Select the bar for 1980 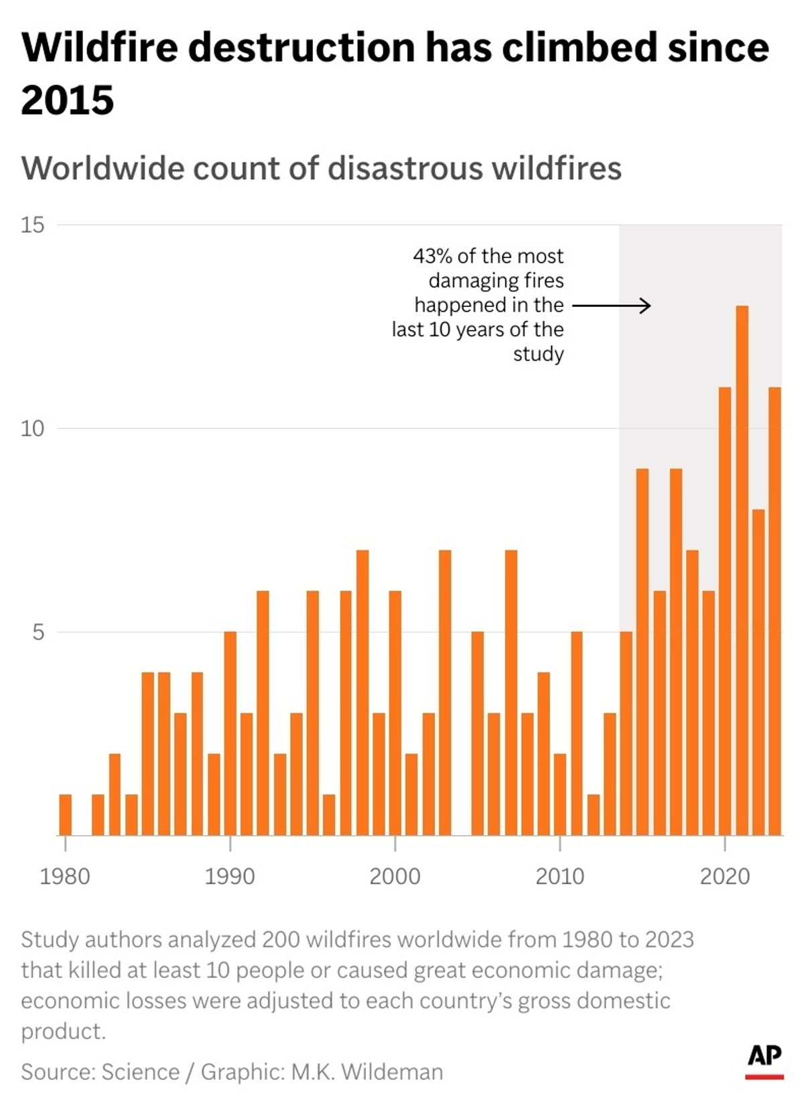point(65,814)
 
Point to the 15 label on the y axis point(32,225)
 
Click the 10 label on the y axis point(32,429)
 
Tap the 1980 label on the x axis point(65,877)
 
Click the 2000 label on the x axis point(395,877)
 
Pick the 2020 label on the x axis point(725,877)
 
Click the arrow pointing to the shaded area point(611,306)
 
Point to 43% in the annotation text point(432,256)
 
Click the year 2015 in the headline point(68,101)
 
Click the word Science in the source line point(140,1072)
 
